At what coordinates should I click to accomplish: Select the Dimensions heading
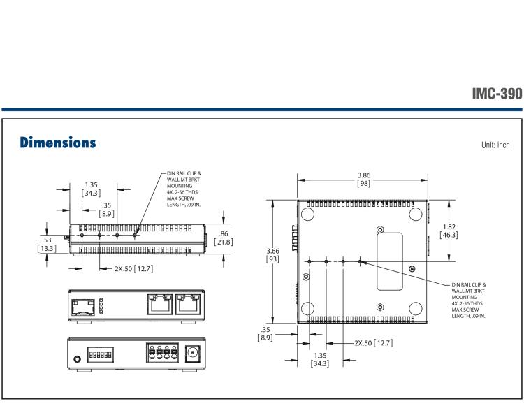point(52,143)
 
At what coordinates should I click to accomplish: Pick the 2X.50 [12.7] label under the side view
point(126,267)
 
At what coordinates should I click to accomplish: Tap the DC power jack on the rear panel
point(193,353)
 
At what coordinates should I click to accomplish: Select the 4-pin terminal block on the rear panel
point(161,352)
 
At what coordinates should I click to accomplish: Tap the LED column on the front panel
point(101,305)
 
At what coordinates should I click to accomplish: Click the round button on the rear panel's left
point(75,358)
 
